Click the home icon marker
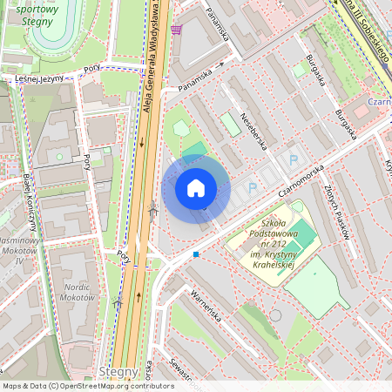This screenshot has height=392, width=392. pyautogui.click(x=196, y=187)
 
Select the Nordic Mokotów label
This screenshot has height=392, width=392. pyautogui.click(x=77, y=291)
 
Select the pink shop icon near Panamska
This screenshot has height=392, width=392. pyautogui.click(x=177, y=29)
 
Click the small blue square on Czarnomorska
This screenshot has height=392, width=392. pyautogui.click(x=196, y=254)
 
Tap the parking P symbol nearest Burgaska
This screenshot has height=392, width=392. pyautogui.click(x=294, y=159)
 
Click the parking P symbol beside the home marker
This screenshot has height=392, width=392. pyautogui.click(x=253, y=186)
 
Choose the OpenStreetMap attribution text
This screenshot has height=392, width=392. pyautogui.click(x=87, y=386)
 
